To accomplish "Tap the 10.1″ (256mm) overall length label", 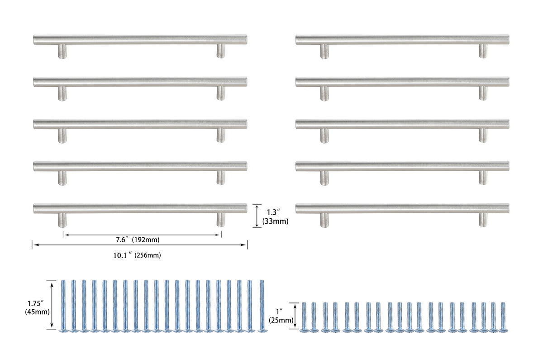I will pos(137,255).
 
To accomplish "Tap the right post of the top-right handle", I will pos(483,51).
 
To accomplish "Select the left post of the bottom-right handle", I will pos(324,220).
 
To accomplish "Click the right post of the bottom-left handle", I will pos(220,220).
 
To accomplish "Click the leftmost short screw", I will pos(304,316).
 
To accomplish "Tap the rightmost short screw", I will pos(502,316).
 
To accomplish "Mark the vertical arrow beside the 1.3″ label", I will pos(257,216).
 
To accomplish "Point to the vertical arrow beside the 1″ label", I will pos(295,316).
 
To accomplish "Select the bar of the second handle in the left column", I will pos(140,82).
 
